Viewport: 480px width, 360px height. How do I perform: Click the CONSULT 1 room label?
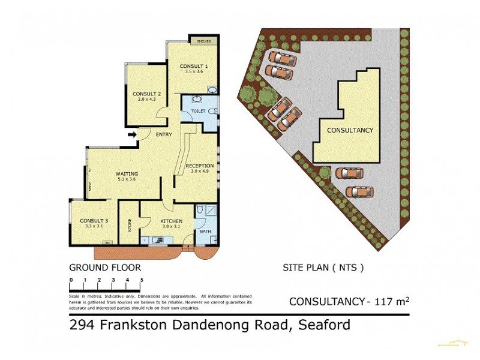pos(194,66)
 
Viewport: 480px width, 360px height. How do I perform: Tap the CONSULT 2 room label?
pos(146,94)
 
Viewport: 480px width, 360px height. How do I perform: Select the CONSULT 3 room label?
pos(93,220)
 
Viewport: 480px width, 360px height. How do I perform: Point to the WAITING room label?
pos(127,174)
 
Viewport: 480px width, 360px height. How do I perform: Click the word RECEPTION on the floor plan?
pos(199,166)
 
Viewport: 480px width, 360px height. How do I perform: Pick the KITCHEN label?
pos(171,221)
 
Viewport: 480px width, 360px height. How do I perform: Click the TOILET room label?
pos(198,111)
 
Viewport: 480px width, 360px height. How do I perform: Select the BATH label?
pos(205,231)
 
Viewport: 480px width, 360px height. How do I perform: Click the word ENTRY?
pos(163,134)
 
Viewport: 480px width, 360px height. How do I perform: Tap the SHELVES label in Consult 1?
pos(202,41)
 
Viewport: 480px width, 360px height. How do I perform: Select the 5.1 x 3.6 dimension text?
pos(127,179)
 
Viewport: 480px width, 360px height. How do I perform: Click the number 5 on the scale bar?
pos(142,280)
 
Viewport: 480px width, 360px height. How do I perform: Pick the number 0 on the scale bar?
pos(71,280)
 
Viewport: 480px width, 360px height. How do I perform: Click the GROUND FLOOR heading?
pos(104,267)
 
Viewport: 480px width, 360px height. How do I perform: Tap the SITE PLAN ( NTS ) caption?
pos(323,268)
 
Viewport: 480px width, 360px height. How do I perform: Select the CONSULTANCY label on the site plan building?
pos(350,130)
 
